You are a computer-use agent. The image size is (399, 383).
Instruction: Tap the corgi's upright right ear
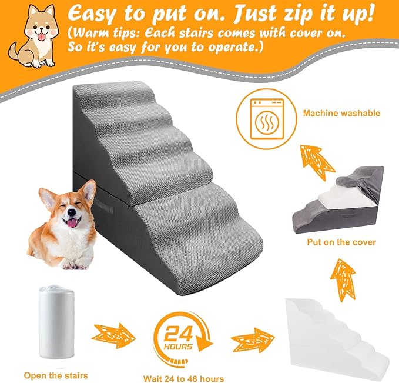tap(88, 190)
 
